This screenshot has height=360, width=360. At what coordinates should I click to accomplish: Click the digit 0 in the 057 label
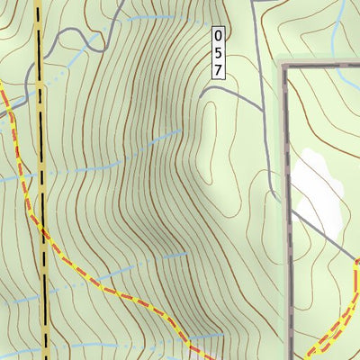click(217, 37)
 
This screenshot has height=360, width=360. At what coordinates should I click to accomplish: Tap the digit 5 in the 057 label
click(217, 53)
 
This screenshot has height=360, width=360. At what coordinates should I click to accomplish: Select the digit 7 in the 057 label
click(217, 69)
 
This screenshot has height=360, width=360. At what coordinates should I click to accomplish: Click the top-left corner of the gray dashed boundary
click(287, 68)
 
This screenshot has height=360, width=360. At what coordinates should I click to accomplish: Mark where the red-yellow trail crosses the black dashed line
click(42, 230)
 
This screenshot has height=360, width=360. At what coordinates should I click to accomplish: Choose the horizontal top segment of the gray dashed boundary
click(324, 67)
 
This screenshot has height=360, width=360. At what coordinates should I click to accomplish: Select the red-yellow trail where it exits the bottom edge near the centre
click(196, 353)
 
